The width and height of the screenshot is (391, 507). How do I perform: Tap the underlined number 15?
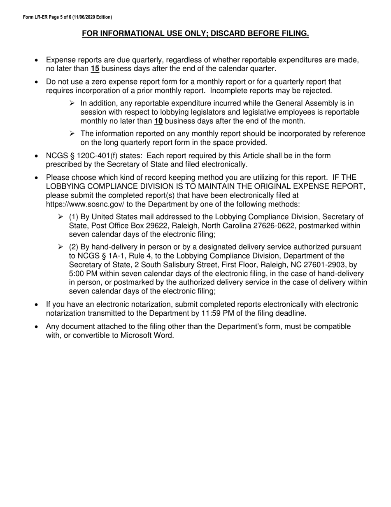95,69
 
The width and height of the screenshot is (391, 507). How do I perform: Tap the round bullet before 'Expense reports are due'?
37,61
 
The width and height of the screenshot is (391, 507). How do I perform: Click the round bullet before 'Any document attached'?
37,327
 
